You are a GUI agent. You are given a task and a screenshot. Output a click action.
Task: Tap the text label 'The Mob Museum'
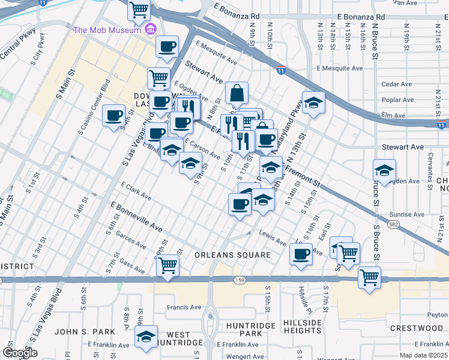point(106,30)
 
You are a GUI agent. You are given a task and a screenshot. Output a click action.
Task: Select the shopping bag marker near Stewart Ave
point(237,94)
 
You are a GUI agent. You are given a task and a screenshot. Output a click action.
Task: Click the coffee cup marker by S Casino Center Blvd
point(113,116)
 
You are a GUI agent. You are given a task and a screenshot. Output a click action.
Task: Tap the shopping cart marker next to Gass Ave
point(167,264)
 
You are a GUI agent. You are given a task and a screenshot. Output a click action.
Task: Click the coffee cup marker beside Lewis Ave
point(301,254)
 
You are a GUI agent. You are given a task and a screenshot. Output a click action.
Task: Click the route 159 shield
point(239,280)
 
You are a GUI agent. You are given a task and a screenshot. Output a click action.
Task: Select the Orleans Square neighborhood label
point(232,256)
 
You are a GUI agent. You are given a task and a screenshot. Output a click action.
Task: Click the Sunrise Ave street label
point(406,214)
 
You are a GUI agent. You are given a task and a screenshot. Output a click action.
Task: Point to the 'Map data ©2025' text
point(424,355)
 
